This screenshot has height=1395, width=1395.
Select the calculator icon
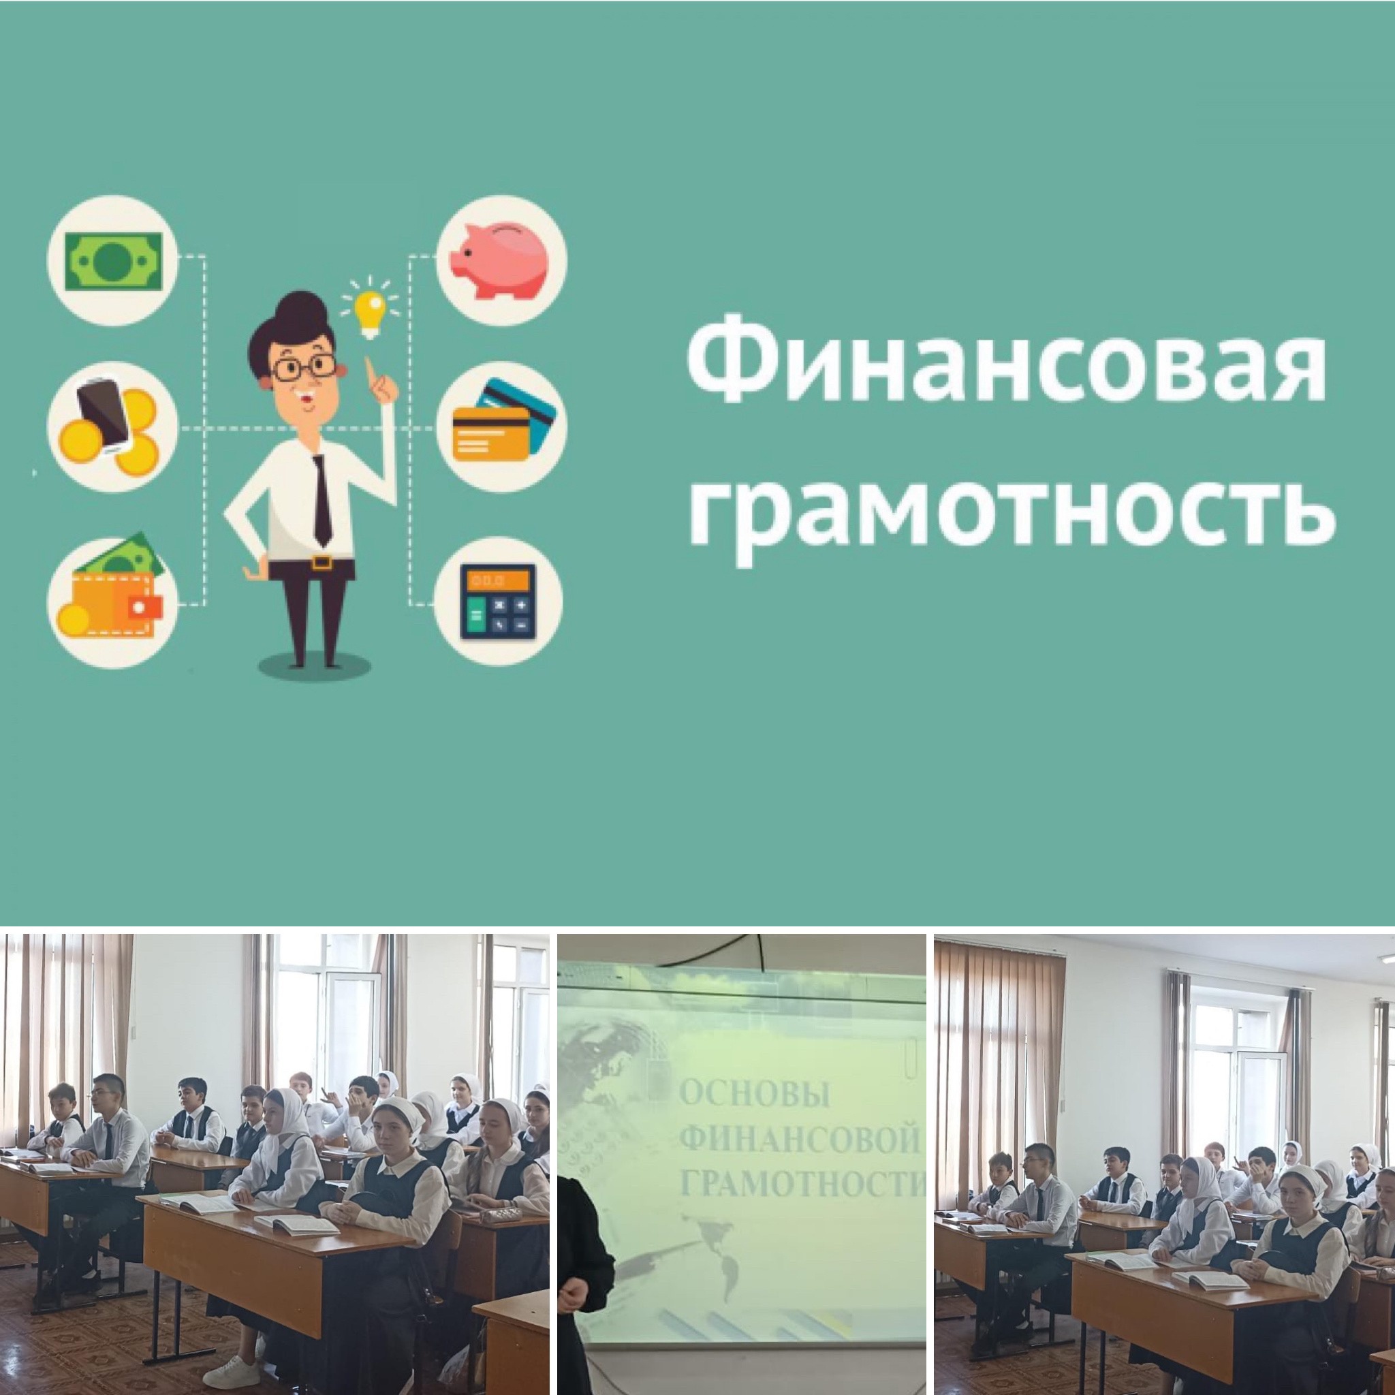point(498,601)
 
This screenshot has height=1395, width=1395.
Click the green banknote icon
point(113,261)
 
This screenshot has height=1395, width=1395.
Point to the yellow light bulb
point(371,309)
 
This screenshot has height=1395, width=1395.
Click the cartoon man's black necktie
point(322,500)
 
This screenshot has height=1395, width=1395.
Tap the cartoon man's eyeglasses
point(302,368)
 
